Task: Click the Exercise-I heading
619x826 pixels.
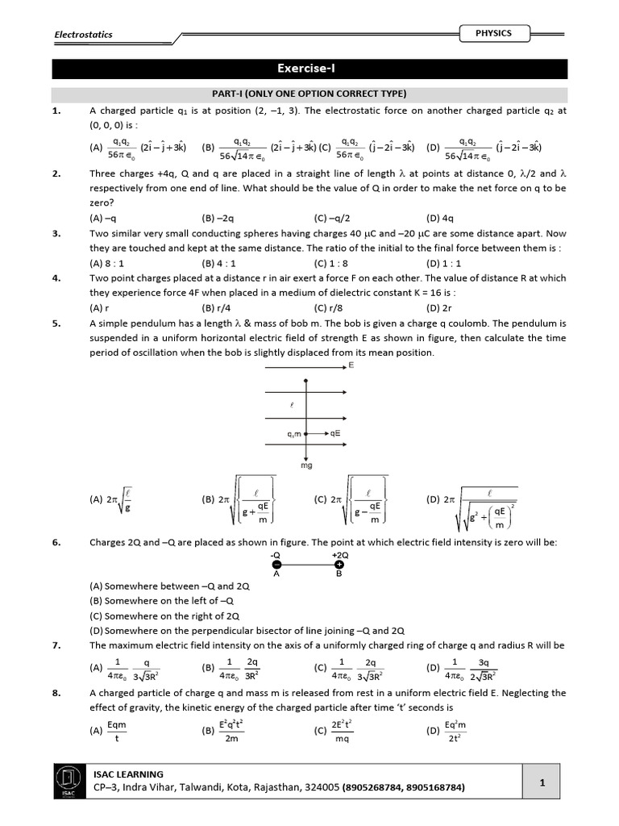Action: pos(309,69)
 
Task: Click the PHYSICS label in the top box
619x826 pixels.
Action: pos(492,33)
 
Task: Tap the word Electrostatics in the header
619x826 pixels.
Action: pos(83,35)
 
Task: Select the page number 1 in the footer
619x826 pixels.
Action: pos(542,782)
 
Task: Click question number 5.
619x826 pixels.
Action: pos(56,323)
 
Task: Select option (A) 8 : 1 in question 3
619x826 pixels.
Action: pos(105,262)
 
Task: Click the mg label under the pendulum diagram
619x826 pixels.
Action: pos(305,465)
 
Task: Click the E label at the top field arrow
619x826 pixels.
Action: pos(351,365)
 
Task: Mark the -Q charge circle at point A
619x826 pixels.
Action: pos(276,565)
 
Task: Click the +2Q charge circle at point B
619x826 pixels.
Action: pos(339,565)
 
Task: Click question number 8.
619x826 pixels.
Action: pos(56,692)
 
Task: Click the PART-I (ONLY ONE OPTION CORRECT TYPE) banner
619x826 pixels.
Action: pos(309,94)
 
